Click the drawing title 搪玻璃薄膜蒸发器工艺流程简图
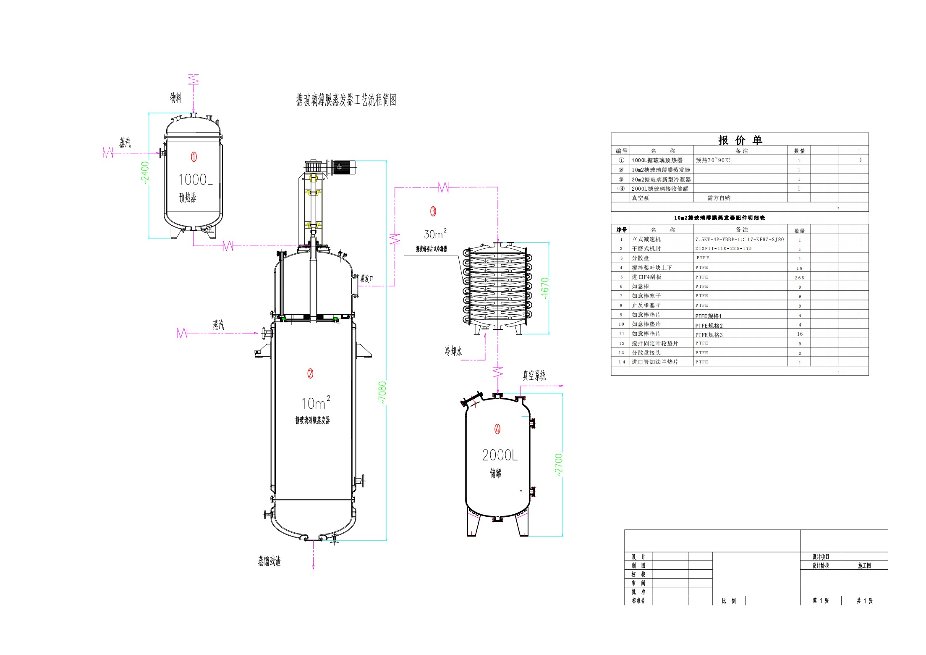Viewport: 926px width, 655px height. click(346, 100)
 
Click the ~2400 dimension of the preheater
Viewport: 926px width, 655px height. click(145, 173)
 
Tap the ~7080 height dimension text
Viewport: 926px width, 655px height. click(382, 393)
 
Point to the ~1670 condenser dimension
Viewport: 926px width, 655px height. click(544, 288)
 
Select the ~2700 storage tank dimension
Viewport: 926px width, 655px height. click(558, 464)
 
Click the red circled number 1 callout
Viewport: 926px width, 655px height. click(194, 157)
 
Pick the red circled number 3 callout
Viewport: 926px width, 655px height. click(433, 212)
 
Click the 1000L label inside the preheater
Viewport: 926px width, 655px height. click(196, 180)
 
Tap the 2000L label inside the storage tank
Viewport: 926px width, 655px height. click(500, 455)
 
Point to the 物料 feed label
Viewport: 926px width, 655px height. click(176, 98)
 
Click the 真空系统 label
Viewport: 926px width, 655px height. click(534, 376)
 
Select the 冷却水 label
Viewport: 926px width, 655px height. click(453, 351)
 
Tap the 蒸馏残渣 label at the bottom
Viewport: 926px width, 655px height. click(269, 561)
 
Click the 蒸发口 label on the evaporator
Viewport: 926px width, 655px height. click(366, 279)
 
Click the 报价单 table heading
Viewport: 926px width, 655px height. click(740, 140)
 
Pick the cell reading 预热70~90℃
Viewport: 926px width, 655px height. click(713, 160)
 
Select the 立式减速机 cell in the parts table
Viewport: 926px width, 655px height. click(646, 239)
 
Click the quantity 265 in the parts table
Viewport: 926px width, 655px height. click(799, 278)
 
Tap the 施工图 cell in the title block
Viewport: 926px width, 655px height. click(864, 566)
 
